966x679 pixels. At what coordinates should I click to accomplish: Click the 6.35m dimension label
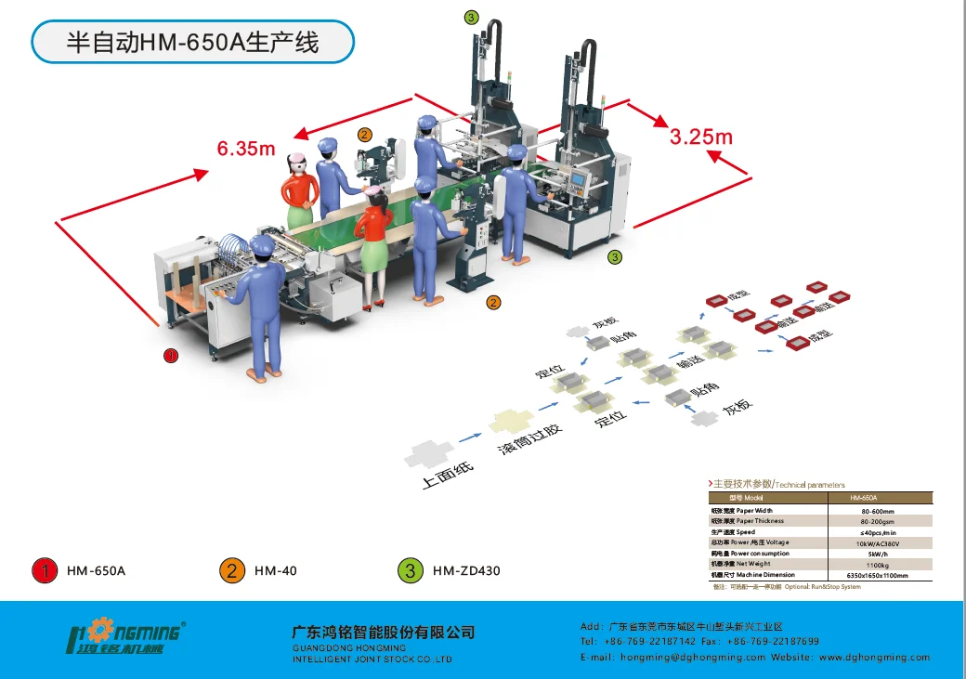(x=246, y=148)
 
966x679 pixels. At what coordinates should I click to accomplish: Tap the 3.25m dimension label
(x=701, y=137)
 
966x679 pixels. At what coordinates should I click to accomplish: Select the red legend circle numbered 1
(x=44, y=570)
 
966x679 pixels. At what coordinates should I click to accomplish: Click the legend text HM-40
(x=276, y=570)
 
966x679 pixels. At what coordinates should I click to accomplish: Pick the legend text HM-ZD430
(x=466, y=570)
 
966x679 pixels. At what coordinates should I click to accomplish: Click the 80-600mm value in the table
(x=877, y=511)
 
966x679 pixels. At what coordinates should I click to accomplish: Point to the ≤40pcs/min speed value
(x=877, y=532)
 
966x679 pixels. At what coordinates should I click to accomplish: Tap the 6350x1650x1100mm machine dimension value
(x=877, y=575)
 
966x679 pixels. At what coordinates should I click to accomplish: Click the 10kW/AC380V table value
(x=877, y=542)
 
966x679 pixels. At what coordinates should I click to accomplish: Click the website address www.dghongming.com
(x=874, y=657)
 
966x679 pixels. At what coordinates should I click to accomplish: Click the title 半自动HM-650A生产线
(x=193, y=43)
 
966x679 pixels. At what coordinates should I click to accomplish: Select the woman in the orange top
(x=299, y=189)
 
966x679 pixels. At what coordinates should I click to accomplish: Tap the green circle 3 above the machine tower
(x=472, y=17)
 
